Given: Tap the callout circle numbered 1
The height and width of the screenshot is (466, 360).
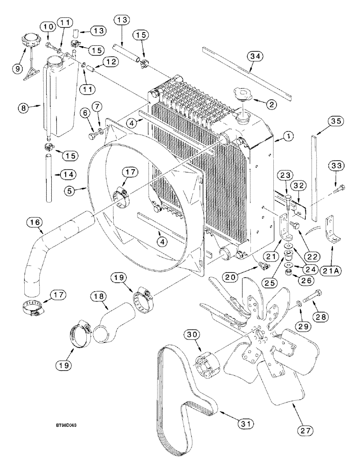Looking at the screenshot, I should click(x=289, y=137).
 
